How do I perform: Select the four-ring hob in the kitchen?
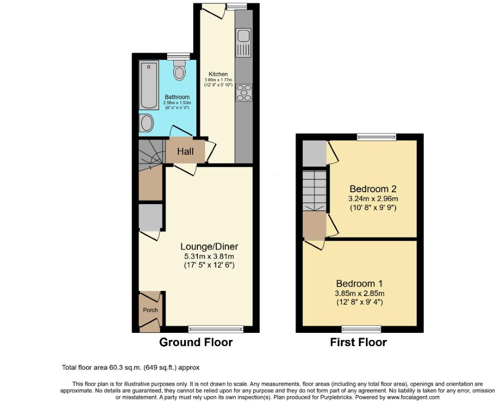243,92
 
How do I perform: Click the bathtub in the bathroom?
149,85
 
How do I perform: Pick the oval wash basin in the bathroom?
146,123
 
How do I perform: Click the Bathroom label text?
177,97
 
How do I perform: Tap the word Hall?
185,151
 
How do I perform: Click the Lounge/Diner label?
209,246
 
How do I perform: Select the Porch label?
150,310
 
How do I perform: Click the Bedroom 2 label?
373,188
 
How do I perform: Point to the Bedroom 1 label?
359,284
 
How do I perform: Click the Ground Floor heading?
196,343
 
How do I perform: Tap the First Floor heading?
358,343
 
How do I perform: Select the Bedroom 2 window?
376,136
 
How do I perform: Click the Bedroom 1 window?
361,329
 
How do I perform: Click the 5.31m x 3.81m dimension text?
209,256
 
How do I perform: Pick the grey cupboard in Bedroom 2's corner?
313,153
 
